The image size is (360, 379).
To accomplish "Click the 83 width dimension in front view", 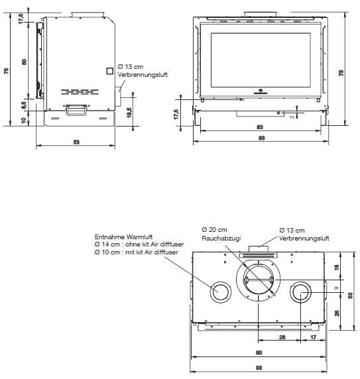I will tap(260, 127).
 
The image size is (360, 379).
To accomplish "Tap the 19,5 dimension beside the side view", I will tap(129, 111).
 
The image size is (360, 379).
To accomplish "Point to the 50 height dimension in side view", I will tap(24, 62).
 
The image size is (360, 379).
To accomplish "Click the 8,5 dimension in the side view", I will tap(24, 104).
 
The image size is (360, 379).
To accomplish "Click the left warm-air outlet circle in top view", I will tap(218, 292).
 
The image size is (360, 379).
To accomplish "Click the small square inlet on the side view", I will tap(109, 70).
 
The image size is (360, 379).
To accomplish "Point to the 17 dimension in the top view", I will tap(312, 337).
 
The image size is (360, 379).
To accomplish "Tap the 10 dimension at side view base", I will tap(24, 119).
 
